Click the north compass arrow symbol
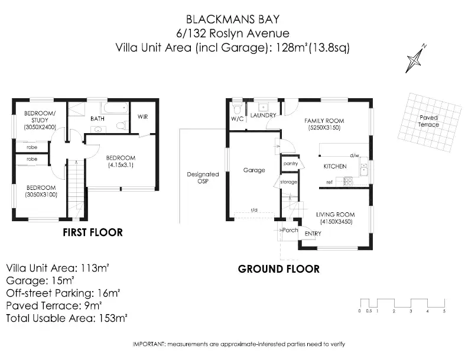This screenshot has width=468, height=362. click(416, 59)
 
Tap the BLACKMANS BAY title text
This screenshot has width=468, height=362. click(233, 20)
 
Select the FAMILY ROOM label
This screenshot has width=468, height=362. click(324, 121)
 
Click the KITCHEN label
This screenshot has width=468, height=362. click(334, 166)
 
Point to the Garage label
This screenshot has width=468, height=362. click(254, 170)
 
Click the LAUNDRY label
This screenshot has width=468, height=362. click(263, 115)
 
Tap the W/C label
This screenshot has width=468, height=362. click(237, 119)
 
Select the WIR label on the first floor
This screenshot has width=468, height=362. click(142, 117)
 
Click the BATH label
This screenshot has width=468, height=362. click(97, 118)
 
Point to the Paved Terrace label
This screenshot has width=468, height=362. click(428, 121)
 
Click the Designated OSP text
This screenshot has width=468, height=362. click(203, 177)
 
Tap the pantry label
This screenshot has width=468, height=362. click(290, 163)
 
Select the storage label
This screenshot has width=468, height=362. click(288, 182)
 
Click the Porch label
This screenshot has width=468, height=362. click(290, 230)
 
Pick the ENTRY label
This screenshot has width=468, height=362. click(313, 234)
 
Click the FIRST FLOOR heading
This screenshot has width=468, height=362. click(93, 232)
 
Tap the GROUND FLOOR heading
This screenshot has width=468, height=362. click(278, 269)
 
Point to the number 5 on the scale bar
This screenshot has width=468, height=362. click(444, 311)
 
